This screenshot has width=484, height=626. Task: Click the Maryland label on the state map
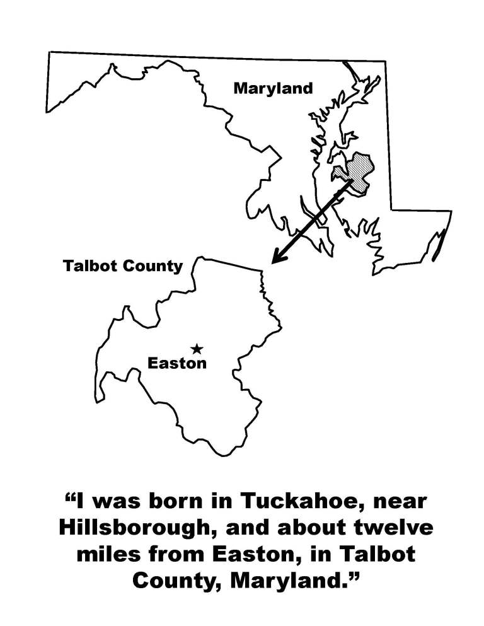pos(273,88)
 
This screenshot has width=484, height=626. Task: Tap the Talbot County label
pos(122,266)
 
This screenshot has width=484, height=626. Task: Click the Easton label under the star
pos(176,363)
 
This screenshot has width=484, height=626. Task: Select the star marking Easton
pos(197,349)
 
